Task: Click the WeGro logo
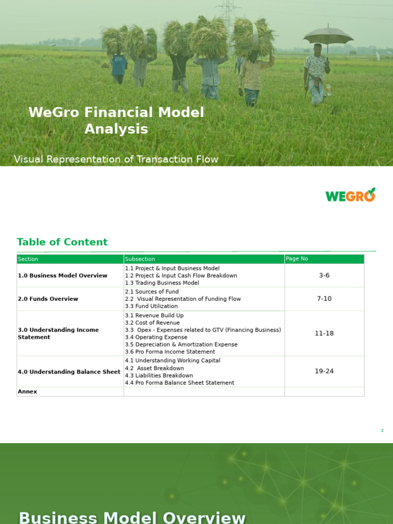351,195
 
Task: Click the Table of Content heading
62,242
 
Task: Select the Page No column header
297,259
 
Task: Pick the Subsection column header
140,259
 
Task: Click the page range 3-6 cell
324,275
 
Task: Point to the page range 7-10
324,299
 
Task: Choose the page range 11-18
324,333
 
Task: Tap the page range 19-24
324,371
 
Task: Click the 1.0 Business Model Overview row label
62,275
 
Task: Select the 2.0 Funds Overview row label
48,299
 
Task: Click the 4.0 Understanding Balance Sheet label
69,372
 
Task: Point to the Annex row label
28,391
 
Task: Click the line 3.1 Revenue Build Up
154,315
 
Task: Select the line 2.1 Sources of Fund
152,292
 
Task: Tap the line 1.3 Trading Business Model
162,283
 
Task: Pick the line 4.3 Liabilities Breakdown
159,376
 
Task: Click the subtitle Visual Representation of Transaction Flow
116,159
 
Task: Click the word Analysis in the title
116,129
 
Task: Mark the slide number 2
382,431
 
